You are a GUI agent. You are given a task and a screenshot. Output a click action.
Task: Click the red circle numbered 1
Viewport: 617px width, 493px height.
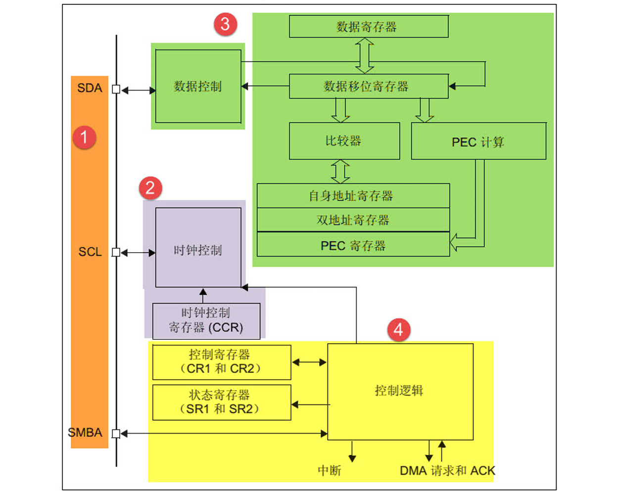84,137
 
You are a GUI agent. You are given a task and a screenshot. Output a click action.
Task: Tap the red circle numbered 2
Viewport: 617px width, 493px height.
150,188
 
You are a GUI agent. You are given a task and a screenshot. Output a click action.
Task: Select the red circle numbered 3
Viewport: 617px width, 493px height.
225,24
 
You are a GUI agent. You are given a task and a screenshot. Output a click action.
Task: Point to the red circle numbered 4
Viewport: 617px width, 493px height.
398,329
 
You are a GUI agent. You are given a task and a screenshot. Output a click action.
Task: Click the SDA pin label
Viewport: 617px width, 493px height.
90,88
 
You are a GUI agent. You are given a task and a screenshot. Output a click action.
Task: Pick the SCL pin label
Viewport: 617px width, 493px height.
90,252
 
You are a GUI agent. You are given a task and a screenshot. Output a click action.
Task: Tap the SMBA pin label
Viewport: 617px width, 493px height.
85,433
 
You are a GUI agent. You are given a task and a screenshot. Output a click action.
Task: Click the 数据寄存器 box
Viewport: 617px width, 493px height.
369,27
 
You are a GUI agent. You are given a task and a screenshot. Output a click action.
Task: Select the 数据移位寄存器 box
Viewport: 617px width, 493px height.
369,87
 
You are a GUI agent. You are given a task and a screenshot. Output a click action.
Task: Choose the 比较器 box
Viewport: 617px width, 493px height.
344,141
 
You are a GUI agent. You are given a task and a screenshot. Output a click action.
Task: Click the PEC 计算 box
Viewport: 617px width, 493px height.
478,142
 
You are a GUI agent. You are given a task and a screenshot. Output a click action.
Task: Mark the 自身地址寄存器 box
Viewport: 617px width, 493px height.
353,196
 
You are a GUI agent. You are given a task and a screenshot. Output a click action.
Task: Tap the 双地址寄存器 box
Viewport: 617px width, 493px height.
353,220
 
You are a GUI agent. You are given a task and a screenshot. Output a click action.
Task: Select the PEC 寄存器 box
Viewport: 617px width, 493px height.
353,245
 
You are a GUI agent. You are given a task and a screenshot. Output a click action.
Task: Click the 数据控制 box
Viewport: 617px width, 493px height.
198,87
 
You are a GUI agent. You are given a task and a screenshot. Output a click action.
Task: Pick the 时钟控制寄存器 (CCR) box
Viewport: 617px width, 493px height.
206,320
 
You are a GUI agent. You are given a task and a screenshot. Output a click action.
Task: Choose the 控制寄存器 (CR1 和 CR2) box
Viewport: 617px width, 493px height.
221,362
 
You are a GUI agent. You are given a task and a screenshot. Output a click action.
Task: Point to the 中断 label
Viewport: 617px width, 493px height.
330,470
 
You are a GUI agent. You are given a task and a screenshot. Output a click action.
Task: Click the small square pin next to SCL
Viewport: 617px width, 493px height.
116,253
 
